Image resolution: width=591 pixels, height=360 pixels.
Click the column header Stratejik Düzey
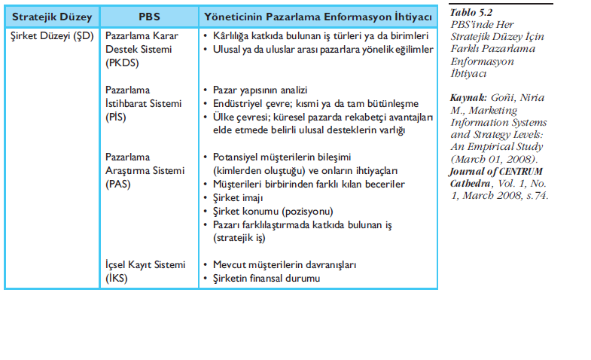pos(50,16)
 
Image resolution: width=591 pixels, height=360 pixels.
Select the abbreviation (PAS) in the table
pos(118,183)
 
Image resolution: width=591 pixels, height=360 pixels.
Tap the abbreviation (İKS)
pos(117,278)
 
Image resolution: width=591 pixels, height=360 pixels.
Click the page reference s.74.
pos(538,195)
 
